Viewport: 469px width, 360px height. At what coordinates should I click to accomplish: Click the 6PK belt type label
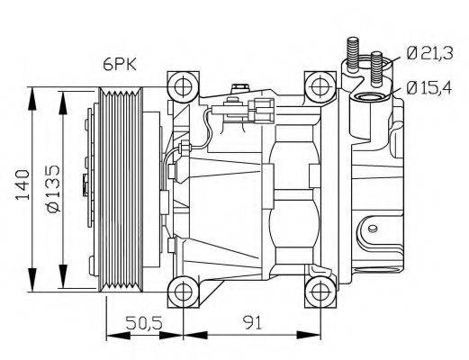(119, 64)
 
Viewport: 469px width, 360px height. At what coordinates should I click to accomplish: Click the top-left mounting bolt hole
(184, 87)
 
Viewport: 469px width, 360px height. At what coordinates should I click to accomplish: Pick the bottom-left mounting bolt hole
(184, 290)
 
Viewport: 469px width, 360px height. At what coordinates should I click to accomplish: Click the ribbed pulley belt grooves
(118, 189)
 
